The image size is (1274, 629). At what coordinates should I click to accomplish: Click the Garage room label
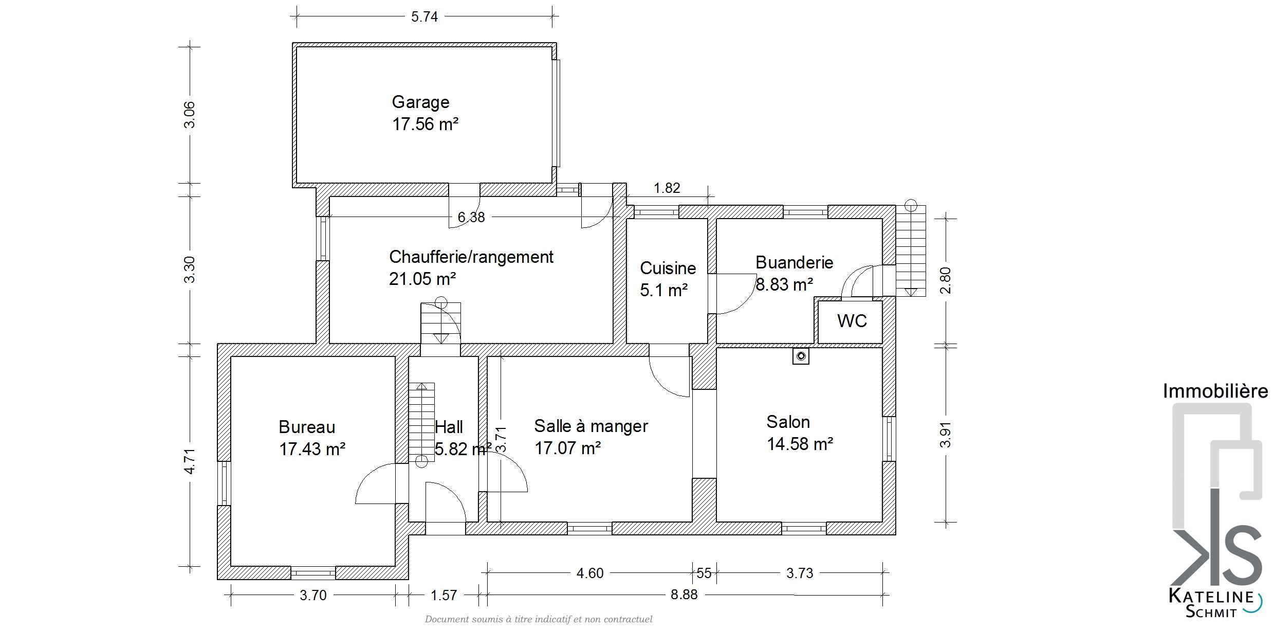[420, 102]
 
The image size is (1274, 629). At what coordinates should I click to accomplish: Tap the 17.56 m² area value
[425, 124]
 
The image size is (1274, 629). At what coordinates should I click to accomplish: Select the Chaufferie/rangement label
[471, 257]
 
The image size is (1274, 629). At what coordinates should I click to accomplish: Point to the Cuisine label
[668, 268]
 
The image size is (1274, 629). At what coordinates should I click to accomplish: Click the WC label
[852, 321]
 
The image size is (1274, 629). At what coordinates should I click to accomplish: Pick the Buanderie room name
[794, 262]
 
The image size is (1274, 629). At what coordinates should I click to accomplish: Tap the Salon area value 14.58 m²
[800, 444]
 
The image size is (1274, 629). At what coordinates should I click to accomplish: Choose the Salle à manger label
[591, 426]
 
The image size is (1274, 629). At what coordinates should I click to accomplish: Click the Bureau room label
[307, 427]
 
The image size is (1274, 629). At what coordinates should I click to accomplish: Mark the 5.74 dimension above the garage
[424, 17]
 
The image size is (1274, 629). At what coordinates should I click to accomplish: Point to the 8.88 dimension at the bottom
[684, 595]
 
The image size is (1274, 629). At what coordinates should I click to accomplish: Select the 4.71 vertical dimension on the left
[190, 461]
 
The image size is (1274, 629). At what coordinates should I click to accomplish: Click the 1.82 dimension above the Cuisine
[667, 188]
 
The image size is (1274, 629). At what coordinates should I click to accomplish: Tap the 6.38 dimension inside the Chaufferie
[471, 218]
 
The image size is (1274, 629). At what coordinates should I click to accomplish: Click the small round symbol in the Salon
[801, 356]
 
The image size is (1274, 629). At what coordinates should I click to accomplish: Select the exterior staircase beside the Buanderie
[911, 250]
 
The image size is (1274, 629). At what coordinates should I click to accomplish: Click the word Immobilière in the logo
[1215, 391]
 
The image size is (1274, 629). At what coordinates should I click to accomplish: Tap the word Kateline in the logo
[1211, 597]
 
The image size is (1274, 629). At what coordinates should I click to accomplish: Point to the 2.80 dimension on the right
[945, 280]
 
